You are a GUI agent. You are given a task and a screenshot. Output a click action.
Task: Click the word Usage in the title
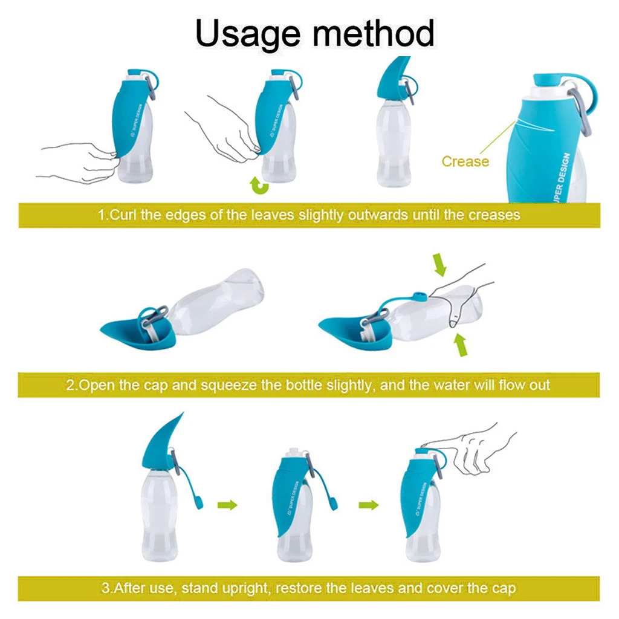(247, 34)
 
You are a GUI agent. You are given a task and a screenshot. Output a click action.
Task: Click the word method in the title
(374, 33)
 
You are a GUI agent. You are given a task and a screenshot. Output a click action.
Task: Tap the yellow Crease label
(465, 161)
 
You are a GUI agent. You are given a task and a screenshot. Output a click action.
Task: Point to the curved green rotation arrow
(259, 186)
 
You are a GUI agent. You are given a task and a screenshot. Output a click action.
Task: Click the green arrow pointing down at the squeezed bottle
(439, 265)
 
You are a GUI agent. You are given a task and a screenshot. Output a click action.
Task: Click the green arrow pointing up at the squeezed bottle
(460, 345)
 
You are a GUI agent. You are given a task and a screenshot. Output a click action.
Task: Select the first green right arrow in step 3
(227, 505)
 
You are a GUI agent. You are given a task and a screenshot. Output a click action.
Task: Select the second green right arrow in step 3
(369, 505)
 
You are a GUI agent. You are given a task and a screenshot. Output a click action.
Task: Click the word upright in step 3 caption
(247, 589)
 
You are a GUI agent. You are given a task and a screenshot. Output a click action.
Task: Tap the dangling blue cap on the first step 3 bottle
(198, 502)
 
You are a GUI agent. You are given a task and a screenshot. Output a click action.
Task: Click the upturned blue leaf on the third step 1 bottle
(391, 79)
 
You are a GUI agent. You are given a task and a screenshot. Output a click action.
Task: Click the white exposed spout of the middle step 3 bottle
(294, 453)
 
